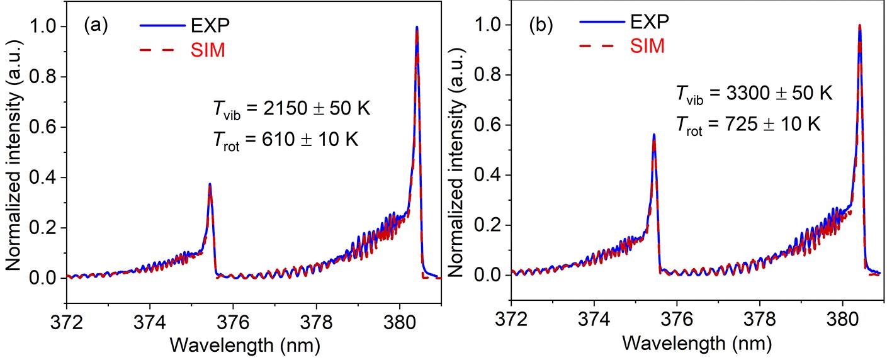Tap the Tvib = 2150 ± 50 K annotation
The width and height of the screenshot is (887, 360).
(293, 109)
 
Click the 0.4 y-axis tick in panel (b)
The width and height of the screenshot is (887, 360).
(492, 175)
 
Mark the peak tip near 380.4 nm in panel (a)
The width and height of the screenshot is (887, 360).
(417, 27)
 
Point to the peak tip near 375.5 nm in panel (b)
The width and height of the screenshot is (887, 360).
(653, 135)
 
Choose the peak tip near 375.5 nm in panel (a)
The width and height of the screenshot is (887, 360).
(210, 184)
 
